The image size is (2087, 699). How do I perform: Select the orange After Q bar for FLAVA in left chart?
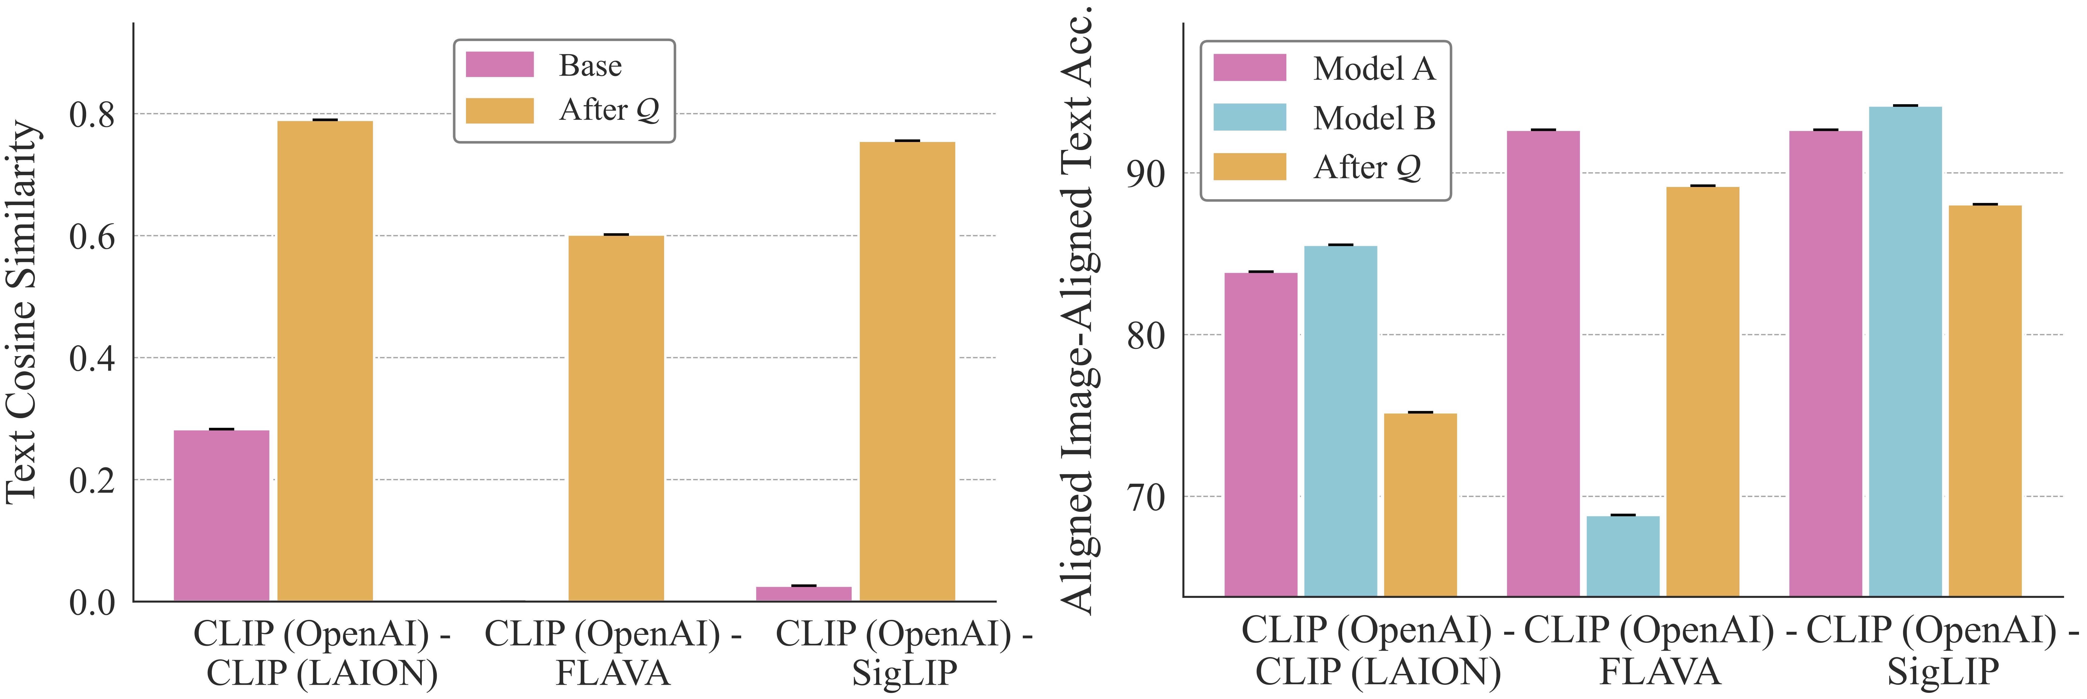pyautogui.click(x=616, y=418)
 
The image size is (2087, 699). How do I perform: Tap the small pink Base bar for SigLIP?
pyautogui.click(x=804, y=594)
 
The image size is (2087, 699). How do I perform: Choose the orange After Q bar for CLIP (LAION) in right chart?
pyautogui.click(x=1420, y=505)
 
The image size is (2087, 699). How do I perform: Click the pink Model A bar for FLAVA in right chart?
pyautogui.click(x=1543, y=363)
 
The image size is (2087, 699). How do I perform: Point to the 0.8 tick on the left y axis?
pyautogui.click(x=92, y=114)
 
